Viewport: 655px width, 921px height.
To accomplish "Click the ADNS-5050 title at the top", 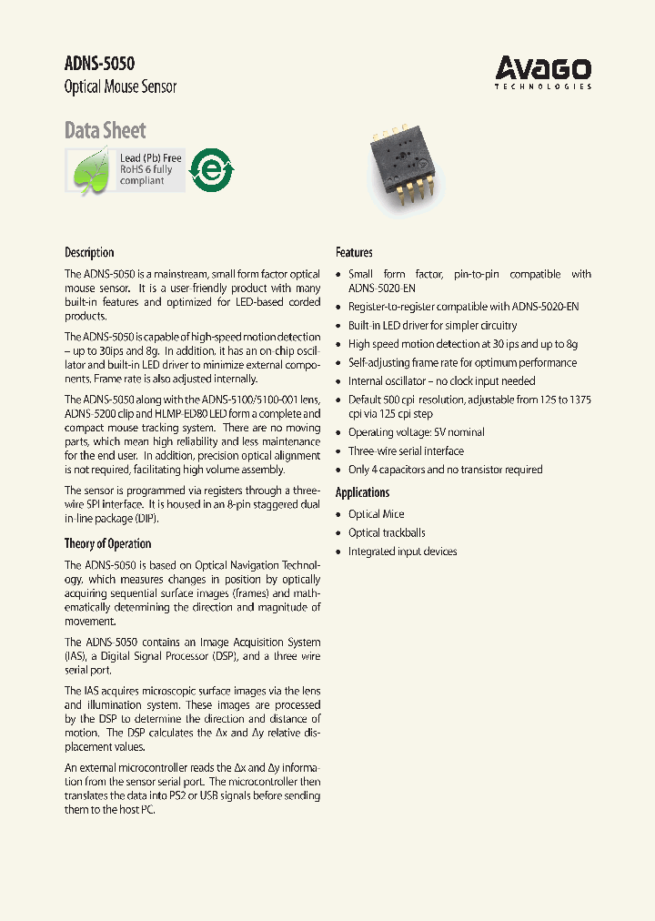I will pyautogui.click(x=99, y=64).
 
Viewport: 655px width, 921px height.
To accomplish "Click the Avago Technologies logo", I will pyautogui.click(x=543, y=72).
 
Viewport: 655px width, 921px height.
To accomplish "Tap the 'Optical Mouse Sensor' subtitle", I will pyautogui.click(x=120, y=87).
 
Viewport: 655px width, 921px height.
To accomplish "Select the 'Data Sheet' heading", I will pyautogui.click(x=105, y=130).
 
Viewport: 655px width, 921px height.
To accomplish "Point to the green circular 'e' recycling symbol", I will pyautogui.click(x=212, y=170).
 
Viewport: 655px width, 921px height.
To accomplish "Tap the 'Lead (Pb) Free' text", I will pyautogui.click(x=151, y=158).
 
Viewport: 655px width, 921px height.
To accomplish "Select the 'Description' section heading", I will pyautogui.click(x=89, y=252).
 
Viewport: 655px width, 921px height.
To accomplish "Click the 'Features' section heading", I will pyautogui.click(x=354, y=252).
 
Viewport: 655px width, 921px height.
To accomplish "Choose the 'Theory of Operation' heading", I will pyautogui.click(x=107, y=543).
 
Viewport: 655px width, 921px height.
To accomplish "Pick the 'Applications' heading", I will pyautogui.click(x=362, y=492).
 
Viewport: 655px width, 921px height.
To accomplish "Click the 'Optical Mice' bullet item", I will pyautogui.click(x=377, y=514).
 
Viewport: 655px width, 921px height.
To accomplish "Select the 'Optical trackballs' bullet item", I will pyautogui.click(x=387, y=532).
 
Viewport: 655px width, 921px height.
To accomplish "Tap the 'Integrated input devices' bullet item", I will pyautogui.click(x=402, y=552).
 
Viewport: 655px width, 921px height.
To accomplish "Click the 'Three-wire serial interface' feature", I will pyautogui.click(x=406, y=450).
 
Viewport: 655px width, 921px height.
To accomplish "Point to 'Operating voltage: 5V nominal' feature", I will pyautogui.click(x=416, y=432).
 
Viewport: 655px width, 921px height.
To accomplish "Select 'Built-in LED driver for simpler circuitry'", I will pyautogui.click(x=432, y=325).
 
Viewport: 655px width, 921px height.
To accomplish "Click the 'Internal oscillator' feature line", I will pyautogui.click(x=441, y=381).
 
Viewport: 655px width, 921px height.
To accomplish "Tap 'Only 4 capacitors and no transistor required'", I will pyautogui.click(x=445, y=470).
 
